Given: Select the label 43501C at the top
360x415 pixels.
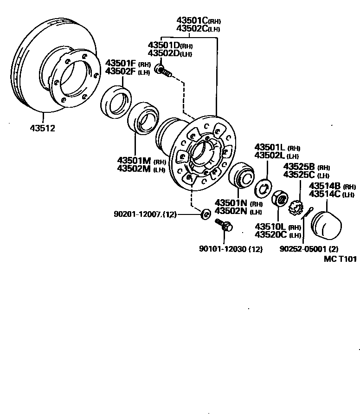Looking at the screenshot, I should [192, 20].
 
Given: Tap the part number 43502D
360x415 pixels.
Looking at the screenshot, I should [163, 53].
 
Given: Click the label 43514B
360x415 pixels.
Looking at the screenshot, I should [325, 186].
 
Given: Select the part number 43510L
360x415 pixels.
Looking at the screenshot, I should [270, 227].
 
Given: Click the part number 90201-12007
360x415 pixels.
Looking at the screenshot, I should [138, 214].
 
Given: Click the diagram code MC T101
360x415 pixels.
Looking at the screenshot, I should [341, 259].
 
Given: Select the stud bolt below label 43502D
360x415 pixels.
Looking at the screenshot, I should [164, 71].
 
